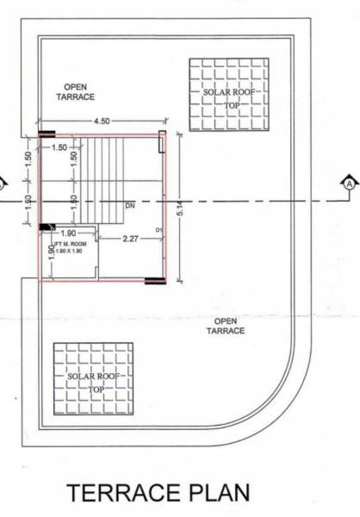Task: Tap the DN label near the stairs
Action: tap(130, 206)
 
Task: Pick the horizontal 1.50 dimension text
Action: tap(59, 148)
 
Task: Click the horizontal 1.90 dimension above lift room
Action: tap(69, 233)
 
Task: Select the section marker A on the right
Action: tap(349, 183)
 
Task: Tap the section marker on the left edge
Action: tap(3, 183)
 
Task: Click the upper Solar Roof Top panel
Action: tap(228, 94)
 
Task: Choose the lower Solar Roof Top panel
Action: tap(93, 382)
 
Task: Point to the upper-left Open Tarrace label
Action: tap(78, 92)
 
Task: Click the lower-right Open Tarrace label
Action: tap(227, 326)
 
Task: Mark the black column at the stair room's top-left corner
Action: tap(46, 134)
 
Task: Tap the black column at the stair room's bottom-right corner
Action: tap(153, 280)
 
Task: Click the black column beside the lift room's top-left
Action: tap(45, 226)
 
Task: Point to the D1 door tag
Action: tap(159, 230)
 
